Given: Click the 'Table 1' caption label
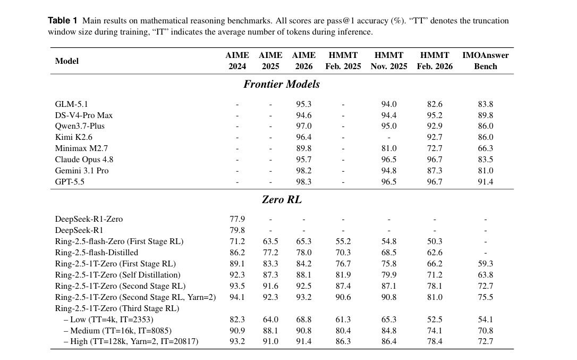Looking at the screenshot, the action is point(63,20).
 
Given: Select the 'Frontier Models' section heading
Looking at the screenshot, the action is point(282,85).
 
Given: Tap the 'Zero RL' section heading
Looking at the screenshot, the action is point(282,200).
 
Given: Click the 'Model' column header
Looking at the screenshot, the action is point(66,61).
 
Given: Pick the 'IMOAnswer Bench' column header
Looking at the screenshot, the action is point(486,61).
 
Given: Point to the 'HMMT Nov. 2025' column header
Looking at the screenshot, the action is point(388,61).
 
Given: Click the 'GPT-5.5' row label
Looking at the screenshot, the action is point(70,182).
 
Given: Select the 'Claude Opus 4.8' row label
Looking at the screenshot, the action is point(84,160).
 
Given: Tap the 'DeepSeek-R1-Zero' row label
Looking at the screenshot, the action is point(89,219).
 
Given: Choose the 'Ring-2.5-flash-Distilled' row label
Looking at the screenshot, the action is point(96,253).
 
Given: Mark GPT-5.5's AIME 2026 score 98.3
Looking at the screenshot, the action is point(303,182).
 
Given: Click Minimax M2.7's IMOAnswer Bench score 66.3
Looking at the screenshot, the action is point(486,148).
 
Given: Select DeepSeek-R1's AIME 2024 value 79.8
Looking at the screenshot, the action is point(237,230).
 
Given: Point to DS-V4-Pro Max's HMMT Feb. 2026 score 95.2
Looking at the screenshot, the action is point(435,115).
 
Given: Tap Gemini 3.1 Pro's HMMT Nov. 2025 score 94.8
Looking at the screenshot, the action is point(388,171).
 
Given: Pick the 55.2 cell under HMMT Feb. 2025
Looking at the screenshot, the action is point(343,241).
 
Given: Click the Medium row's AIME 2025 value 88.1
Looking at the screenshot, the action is point(270,331).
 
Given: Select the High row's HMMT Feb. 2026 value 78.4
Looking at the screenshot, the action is point(435,341).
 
